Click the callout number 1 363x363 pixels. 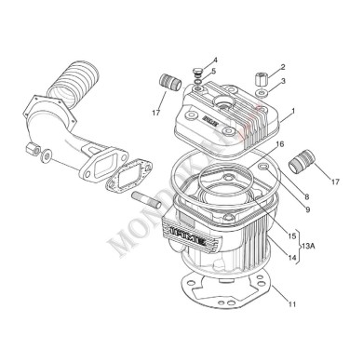(x=292, y=111)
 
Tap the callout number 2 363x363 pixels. (x=283, y=67)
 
